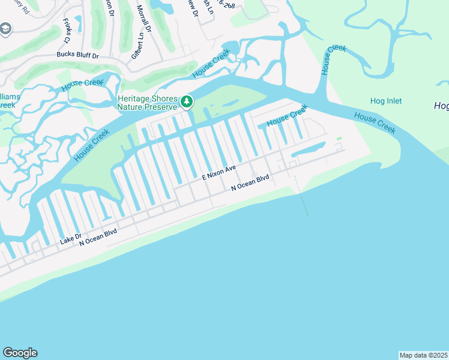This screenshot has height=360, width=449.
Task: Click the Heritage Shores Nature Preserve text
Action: (x=148, y=103)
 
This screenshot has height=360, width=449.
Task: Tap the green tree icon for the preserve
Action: (x=187, y=103)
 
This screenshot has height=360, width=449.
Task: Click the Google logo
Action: (x=20, y=353)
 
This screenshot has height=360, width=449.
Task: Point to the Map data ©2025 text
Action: (x=423, y=355)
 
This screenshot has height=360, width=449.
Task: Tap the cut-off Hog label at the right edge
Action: (x=441, y=106)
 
